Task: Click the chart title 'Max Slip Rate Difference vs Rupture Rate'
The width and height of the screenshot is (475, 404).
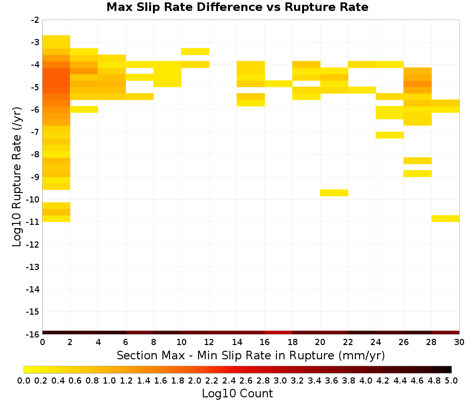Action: click(x=237, y=7)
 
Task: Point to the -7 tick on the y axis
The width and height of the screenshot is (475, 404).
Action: click(x=35, y=132)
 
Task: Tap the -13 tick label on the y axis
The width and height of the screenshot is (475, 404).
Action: click(x=33, y=267)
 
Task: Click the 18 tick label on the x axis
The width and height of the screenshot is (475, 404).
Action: click(x=292, y=342)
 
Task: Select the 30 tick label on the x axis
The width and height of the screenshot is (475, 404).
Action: click(x=459, y=342)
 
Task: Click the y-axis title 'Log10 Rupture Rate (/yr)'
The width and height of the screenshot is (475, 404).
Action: click(x=17, y=177)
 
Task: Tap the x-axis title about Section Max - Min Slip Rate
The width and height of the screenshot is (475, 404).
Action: click(x=251, y=356)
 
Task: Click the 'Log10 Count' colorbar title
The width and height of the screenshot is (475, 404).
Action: click(x=237, y=394)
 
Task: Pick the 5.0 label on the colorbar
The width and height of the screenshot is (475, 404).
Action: click(x=451, y=380)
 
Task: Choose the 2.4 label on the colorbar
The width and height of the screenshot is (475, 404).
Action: click(x=229, y=380)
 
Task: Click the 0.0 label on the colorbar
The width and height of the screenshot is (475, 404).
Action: click(x=24, y=380)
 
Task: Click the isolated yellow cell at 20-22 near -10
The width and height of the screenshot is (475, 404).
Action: click(x=334, y=193)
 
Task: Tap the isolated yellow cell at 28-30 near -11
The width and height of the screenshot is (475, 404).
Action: click(x=446, y=219)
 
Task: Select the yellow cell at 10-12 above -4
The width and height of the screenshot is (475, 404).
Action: click(x=195, y=51)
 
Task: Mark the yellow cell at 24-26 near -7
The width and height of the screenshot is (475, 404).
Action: click(x=389, y=135)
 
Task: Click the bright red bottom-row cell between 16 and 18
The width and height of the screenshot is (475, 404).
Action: click(x=278, y=333)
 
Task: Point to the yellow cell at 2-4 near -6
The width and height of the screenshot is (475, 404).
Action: click(x=84, y=109)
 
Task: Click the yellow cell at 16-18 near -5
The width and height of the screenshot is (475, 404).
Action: click(x=278, y=84)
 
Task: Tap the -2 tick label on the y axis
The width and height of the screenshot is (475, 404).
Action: click(x=35, y=20)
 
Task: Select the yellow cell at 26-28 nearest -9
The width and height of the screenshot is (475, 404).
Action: click(x=418, y=173)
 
